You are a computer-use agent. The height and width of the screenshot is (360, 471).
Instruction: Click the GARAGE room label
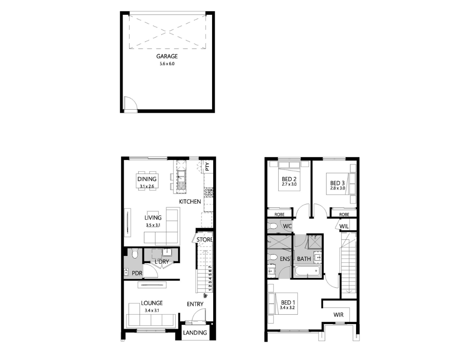pyautogui.click(x=167, y=56)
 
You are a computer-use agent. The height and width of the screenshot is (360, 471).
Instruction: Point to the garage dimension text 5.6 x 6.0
pyautogui.click(x=167, y=64)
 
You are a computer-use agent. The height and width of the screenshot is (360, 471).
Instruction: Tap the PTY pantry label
pyautogui.click(x=207, y=166)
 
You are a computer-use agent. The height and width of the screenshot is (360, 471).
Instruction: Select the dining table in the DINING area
pyautogui.click(x=147, y=180)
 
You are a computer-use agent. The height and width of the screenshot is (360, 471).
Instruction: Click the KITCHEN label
pyautogui.click(x=190, y=202)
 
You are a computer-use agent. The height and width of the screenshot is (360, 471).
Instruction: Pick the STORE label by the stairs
pyautogui.click(x=205, y=240)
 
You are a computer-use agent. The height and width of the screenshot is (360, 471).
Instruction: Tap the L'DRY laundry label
pyautogui.click(x=162, y=261)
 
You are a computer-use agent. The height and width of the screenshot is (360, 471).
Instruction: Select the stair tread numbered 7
pyautogui.click(x=210, y=267)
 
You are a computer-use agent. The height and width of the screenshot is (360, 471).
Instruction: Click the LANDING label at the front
pyautogui.click(x=195, y=332)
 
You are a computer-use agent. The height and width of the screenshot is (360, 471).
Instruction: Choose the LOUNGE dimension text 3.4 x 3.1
pyautogui.click(x=152, y=310)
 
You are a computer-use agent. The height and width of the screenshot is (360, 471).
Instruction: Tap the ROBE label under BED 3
pyautogui.click(x=344, y=214)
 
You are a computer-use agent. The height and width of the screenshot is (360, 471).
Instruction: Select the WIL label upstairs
pyautogui.click(x=344, y=227)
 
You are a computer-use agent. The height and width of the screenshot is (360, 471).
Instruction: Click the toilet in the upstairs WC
pyautogui.click(x=273, y=226)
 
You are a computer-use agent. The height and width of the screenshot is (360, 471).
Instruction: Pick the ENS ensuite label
pyautogui.click(x=285, y=259)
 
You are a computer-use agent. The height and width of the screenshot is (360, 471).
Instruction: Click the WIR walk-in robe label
pyautogui.click(x=338, y=315)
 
